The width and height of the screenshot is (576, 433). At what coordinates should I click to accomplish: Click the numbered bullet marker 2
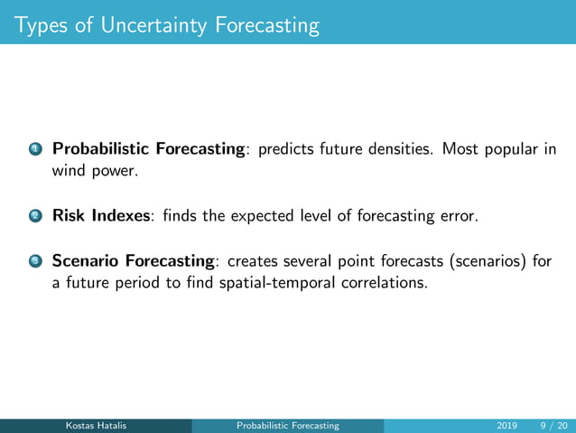[33, 217]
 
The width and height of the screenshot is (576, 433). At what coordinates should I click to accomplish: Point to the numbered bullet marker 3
[33, 262]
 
